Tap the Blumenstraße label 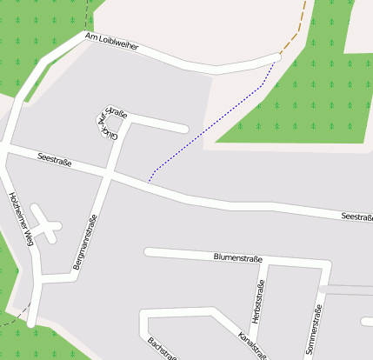pyautogui.click(x=238, y=257)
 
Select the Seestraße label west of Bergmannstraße pyautogui.click(x=55, y=159)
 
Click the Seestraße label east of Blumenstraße pyautogui.click(x=356, y=216)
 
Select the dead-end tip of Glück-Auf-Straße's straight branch pyautogui.click(x=184, y=130)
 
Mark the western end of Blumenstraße pyautogui.click(x=148, y=253)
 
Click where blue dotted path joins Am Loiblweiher pyautogui.click(x=277, y=59)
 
